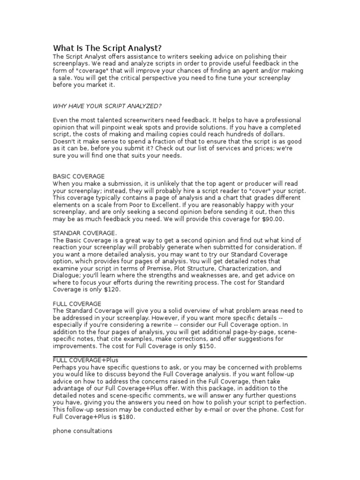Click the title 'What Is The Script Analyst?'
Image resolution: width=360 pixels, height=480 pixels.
click(x=108, y=48)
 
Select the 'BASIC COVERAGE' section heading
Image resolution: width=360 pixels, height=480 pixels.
click(x=78, y=176)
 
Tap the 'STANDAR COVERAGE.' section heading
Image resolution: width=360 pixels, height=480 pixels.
click(x=85, y=233)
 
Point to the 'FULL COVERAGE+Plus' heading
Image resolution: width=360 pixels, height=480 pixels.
click(x=89, y=360)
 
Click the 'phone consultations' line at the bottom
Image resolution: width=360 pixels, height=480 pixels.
click(x=82, y=431)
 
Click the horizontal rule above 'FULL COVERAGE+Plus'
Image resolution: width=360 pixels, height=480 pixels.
click(x=180, y=356)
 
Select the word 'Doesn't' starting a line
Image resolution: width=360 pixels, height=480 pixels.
click(x=63, y=141)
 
